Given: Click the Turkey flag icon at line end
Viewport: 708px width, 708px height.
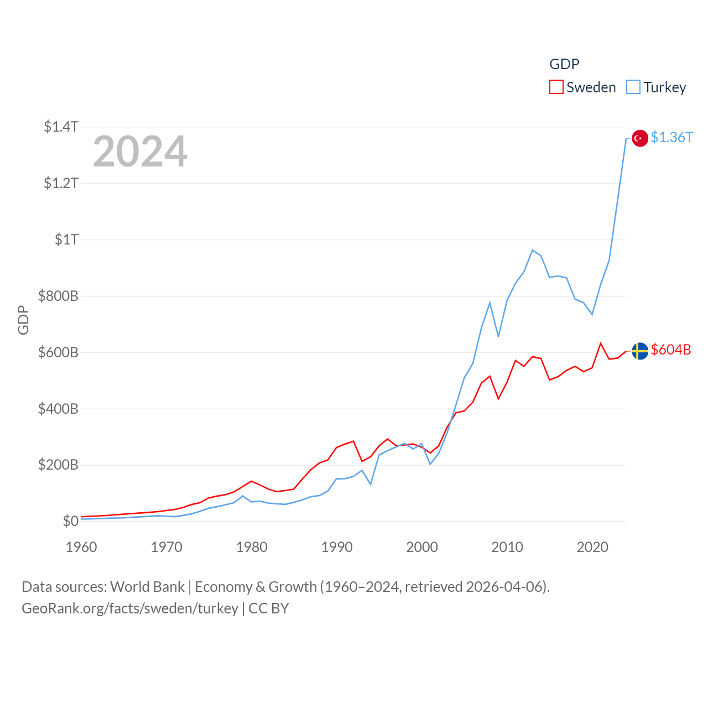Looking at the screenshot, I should click(x=640, y=138).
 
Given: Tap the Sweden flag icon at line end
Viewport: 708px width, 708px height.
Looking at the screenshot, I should click(x=640, y=351).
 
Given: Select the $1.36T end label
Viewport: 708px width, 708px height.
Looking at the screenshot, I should click(x=671, y=137).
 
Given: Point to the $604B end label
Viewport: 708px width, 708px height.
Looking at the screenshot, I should click(x=671, y=350).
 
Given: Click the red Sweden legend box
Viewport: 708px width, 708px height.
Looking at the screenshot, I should click(x=556, y=87).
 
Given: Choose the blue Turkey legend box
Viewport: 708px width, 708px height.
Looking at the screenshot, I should click(x=633, y=87).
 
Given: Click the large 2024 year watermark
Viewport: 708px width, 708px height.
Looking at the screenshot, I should click(x=140, y=152).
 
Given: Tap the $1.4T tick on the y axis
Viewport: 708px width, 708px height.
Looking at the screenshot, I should click(x=61, y=127).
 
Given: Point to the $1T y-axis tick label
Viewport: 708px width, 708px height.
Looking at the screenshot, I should click(x=66, y=240).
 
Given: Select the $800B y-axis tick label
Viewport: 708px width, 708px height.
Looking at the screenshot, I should click(x=58, y=296).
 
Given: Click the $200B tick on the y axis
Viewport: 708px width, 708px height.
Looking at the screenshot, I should click(x=58, y=465).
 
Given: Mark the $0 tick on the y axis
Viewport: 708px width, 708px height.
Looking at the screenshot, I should click(x=70, y=521).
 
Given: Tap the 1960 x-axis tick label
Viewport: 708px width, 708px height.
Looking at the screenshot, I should click(x=81, y=547).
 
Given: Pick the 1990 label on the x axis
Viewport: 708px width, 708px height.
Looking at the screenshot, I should click(x=337, y=547).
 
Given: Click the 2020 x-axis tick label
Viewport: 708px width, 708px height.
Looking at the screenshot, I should click(x=592, y=547).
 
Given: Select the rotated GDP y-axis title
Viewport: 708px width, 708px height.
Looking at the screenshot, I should click(x=23, y=320).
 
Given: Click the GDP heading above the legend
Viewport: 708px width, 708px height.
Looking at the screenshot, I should click(x=564, y=64).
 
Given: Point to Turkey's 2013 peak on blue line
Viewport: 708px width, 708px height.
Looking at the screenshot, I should click(x=532, y=250).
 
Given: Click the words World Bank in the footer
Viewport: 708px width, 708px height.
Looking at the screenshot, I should click(x=147, y=586).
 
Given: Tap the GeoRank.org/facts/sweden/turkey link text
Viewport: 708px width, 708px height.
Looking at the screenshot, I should click(x=130, y=608).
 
